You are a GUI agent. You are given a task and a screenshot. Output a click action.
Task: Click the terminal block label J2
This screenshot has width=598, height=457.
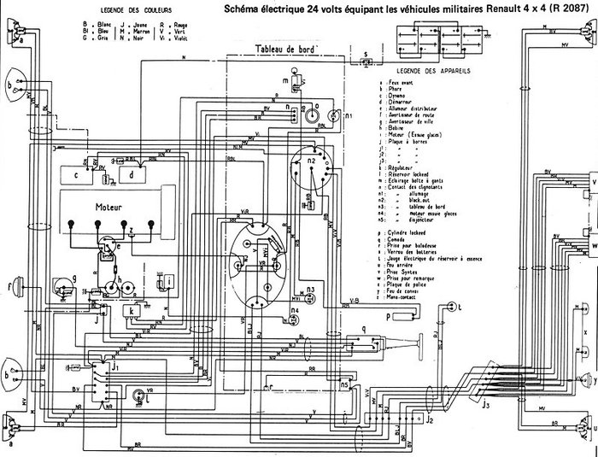click(x=430, y=420)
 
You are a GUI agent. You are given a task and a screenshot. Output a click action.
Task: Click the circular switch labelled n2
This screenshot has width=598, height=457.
click(x=312, y=162)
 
